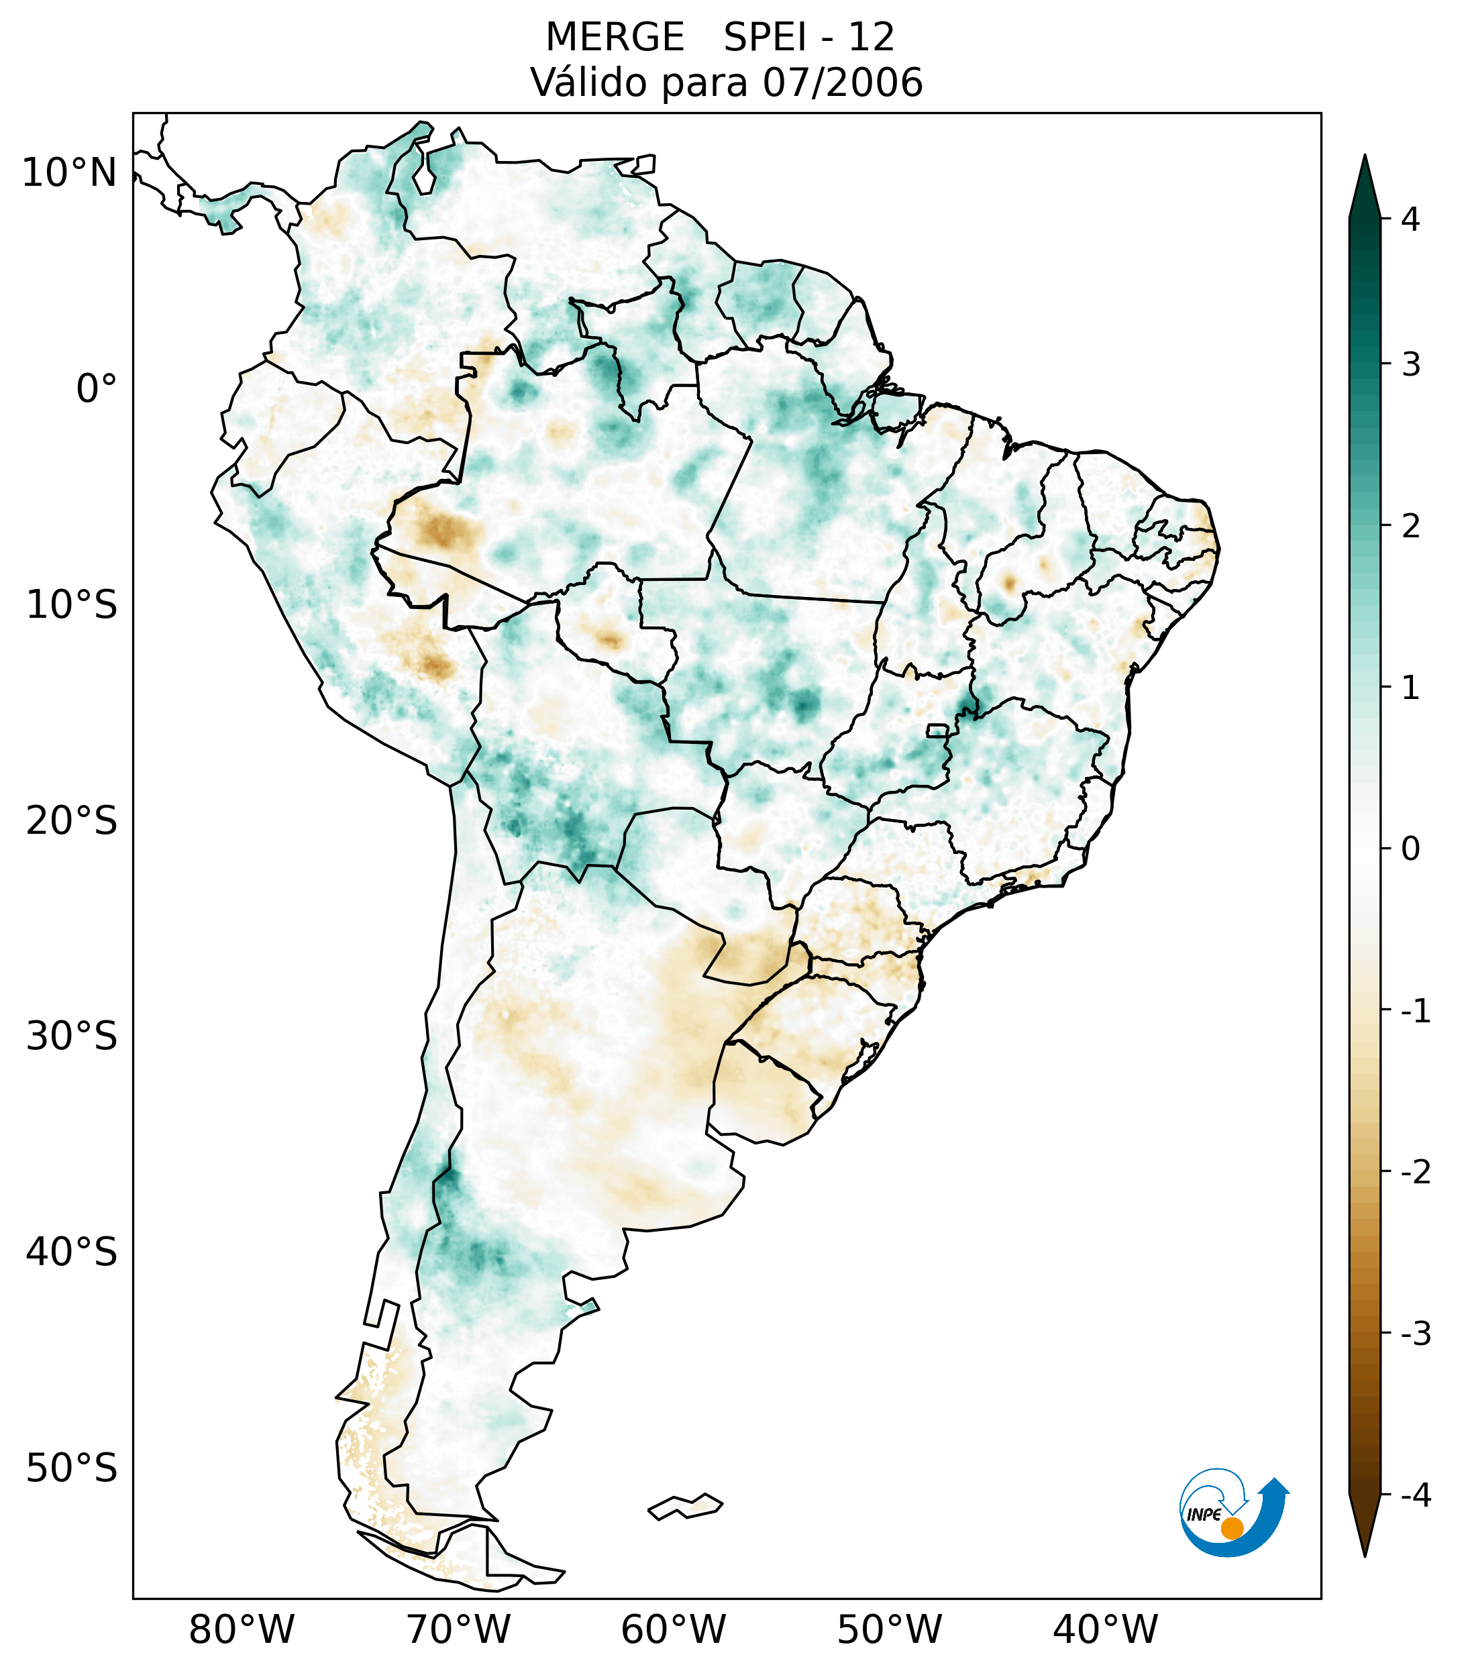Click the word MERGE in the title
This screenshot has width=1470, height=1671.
pyautogui.click(x=614, y=38)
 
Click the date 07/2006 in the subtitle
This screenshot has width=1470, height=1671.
pyautogui.click(x=843, y=83)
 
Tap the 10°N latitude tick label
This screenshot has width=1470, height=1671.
pyautogui.click(x=68, y=173)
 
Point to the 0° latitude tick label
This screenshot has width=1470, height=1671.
pyautogui.click(x=97, y=389)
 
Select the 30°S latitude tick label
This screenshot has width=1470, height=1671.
pyautogui.click(x=72, y=1036)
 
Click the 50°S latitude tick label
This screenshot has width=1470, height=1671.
pyautogui.click(x=72, y=1468)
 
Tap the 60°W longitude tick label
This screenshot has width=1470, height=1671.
pyautogui.click(x=673, y=1629)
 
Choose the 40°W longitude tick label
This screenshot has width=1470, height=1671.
pyautogui.click(x=1106, y=1629)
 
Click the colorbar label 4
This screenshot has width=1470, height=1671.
pyautogui.click(x=1410, y=219)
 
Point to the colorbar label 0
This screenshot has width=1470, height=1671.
pyautogui.click(x=1410, y=849)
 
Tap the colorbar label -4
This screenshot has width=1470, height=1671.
pyautogui.click(x=1415, y=1495)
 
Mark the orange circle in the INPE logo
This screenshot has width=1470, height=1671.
pyautogui.click(x=1232, y=1528)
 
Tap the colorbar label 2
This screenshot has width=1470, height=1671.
pyautogui.click(x=1410, y=527)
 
